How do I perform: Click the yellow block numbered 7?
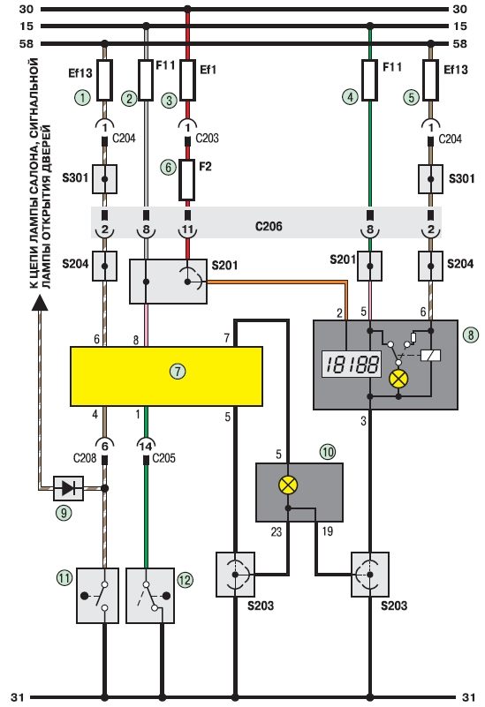point(166,376)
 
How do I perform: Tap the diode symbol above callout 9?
point(68,488)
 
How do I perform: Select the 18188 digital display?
point(352,365)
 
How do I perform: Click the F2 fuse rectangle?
point(186,180)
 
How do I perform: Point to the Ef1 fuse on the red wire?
point(187,80)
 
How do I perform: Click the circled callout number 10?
point(328,452)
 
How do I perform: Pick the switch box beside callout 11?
point(97,595)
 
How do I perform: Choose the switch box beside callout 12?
point(150,595)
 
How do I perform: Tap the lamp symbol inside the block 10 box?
point(288,485)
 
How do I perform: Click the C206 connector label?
point(269,226)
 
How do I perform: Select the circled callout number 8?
point(471,335)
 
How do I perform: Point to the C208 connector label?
point(85,458)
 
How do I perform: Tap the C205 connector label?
point(163,458)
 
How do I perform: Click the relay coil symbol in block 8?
point(430,356)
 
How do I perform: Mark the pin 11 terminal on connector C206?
point(187,230)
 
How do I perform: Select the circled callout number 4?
point(350,96)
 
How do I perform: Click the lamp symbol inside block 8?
point(398,379)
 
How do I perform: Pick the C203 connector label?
point(207,138)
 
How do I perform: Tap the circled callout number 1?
point(82,97)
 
